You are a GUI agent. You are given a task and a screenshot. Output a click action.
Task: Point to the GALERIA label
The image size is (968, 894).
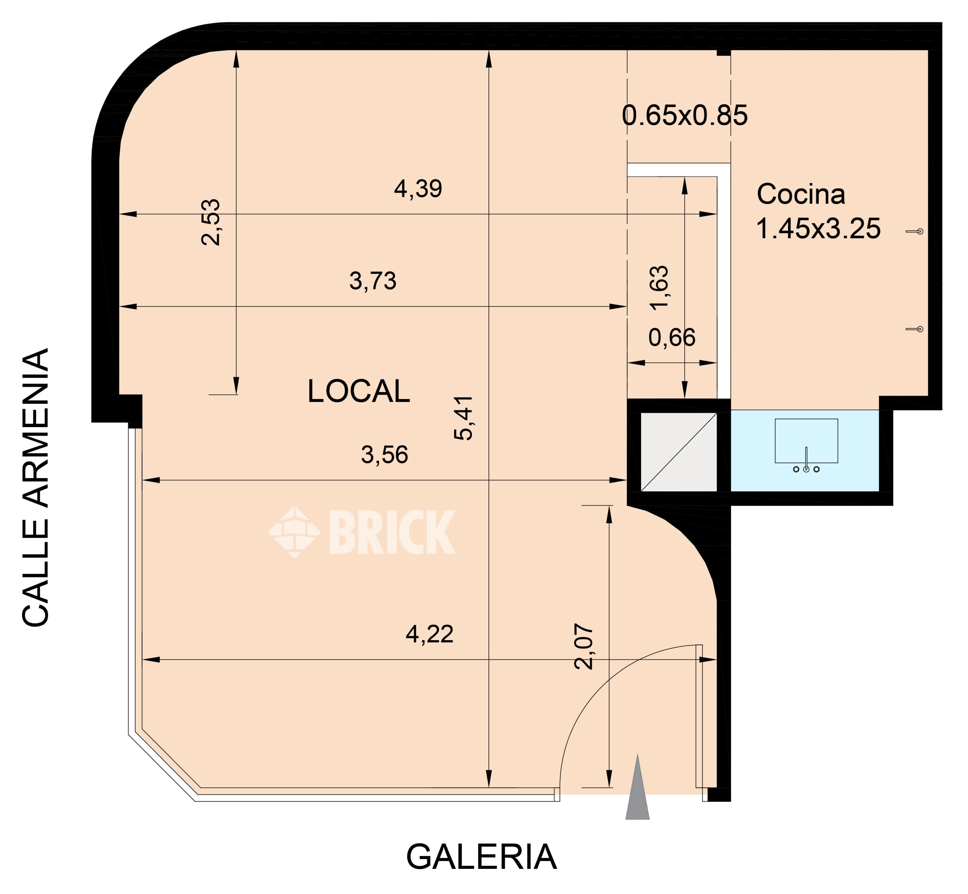pos(481,857)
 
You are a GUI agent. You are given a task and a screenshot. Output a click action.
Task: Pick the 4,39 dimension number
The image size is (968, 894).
pos(418,189)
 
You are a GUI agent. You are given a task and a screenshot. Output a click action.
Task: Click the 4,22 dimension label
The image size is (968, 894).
pos(429,634)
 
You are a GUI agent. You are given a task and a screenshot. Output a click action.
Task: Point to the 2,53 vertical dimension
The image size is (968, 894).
pos(211,222)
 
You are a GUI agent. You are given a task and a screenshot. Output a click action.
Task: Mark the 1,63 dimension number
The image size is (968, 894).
pos(659,288)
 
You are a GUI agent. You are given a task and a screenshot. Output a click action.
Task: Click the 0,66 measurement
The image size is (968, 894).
pos(672,338)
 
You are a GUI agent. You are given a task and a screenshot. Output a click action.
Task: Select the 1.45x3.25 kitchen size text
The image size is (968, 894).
pos(818,228)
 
